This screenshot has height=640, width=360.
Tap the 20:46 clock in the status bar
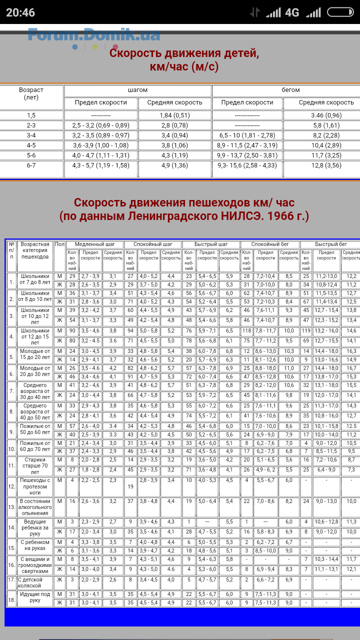[x=20, y=12]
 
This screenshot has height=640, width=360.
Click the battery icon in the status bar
[x=340, y=12]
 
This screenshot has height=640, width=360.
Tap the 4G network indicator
[x=292, y=12]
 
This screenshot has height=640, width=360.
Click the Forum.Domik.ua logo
[x=94, y=35]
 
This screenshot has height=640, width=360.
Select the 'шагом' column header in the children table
[x=138, y=90]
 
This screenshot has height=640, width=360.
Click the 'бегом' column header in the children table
[x=290, y=90]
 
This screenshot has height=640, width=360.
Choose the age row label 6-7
[x=31, y=165]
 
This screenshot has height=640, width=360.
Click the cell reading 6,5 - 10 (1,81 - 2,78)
[x=247, y=135]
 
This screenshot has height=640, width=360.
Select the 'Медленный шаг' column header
[x=95, y=244]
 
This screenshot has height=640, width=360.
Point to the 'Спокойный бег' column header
[x=270, y=244]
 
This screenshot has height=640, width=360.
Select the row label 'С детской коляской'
[x=35, y=582]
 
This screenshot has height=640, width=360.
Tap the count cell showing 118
[x=246, y=331]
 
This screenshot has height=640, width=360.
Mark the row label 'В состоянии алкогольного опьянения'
[x=35, y=507]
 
